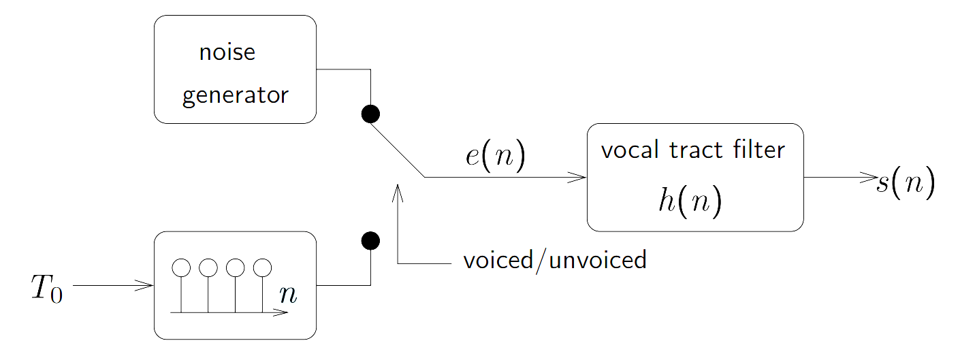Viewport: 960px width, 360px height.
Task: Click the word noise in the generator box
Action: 227,52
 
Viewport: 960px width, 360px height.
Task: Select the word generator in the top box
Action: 236,95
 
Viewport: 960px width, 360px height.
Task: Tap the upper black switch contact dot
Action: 370,114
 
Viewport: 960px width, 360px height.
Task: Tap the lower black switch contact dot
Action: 370,240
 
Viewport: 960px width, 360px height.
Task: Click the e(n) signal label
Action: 495,156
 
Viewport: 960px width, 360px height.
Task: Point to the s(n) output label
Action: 906,184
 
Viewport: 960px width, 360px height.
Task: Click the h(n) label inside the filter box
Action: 690,203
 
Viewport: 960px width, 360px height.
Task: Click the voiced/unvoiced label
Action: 554,260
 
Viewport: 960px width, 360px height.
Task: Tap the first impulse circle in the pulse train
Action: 181,267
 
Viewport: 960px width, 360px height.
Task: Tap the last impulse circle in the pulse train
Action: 262,267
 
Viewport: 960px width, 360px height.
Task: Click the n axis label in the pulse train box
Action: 288,295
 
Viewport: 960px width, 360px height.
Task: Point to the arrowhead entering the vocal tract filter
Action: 579,178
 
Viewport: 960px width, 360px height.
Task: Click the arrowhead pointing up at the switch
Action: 398,191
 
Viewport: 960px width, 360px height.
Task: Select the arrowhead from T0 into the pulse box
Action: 146,286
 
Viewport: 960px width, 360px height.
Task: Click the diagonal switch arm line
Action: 398,151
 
